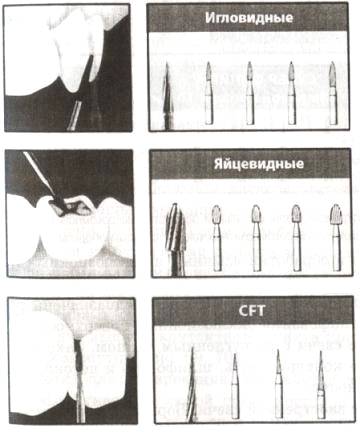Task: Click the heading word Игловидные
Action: tap(249, 18)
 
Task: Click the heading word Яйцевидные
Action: tap(259, 164)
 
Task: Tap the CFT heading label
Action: tap(252, 311)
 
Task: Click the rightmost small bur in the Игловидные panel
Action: tap(333, 93)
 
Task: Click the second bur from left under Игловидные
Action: tap(209, 93)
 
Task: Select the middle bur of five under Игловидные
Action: tap(250, 93)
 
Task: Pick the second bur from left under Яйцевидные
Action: tap(217, 238)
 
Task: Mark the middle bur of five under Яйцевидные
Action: tap(256, 238)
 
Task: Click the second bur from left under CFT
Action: tap(235, 386)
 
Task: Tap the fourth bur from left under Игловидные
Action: tap(292, 93)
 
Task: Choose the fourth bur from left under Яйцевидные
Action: tap(296, 238)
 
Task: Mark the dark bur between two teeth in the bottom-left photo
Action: tap(79, 356)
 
